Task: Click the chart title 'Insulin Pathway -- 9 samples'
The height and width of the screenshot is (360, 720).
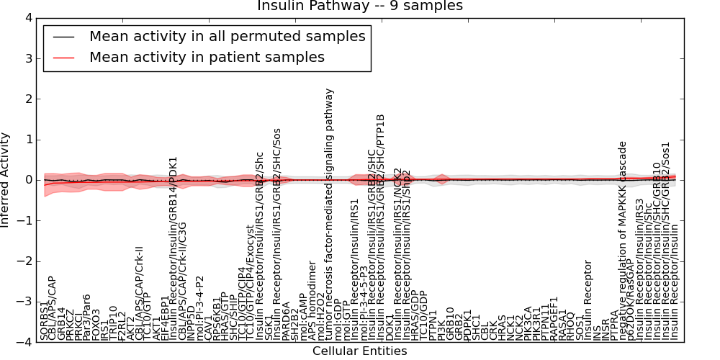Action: tap(360, 6)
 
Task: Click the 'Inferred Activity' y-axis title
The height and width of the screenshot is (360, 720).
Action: tap(6, 180)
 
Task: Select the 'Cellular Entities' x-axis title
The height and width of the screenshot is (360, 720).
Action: tap(360, 351)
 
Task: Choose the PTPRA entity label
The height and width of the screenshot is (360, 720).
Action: tap(614, 325)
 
